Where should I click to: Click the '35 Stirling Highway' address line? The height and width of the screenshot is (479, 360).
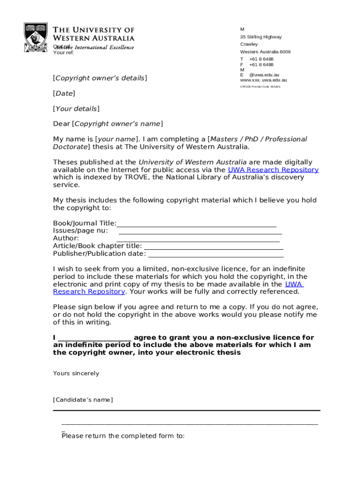(261, 37)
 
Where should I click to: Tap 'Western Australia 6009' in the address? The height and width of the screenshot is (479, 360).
(265, 52)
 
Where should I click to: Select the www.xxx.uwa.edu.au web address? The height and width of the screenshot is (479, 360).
(263, 80)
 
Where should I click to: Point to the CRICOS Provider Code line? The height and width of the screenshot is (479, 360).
(260, 87)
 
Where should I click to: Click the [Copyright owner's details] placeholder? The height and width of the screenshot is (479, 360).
(100, 78)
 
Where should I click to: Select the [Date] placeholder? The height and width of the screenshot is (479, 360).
(64, 94)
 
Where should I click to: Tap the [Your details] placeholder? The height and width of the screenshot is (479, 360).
(76, 109)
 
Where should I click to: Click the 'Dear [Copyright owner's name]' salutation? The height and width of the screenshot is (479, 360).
(108, 124)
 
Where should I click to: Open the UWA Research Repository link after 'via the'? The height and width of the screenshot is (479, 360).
(273, 170)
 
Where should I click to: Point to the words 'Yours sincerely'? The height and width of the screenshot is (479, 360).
(76, 373)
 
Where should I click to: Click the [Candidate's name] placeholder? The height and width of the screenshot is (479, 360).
(83, 400)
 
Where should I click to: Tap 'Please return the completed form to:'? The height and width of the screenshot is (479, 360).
(123, 436)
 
